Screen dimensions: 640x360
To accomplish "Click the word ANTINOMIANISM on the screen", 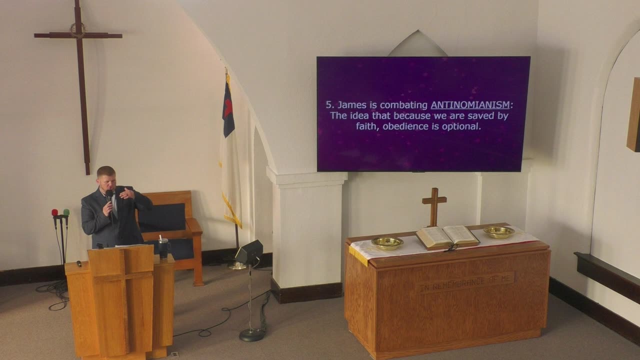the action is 470,105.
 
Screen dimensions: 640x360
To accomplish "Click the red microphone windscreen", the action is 54,212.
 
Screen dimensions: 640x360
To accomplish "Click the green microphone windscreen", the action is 66,212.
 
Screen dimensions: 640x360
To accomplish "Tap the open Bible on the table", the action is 447,236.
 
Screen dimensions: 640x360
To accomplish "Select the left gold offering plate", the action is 387,243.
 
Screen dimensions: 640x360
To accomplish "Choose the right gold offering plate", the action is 499,231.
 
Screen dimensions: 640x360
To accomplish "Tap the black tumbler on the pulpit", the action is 163,248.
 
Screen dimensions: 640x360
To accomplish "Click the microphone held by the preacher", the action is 109,197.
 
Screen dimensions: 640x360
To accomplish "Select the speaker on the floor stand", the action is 249,252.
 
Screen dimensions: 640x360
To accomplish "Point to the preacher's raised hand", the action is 127,193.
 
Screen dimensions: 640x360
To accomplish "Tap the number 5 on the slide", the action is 328,105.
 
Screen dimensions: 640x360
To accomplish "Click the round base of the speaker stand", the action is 251,335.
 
